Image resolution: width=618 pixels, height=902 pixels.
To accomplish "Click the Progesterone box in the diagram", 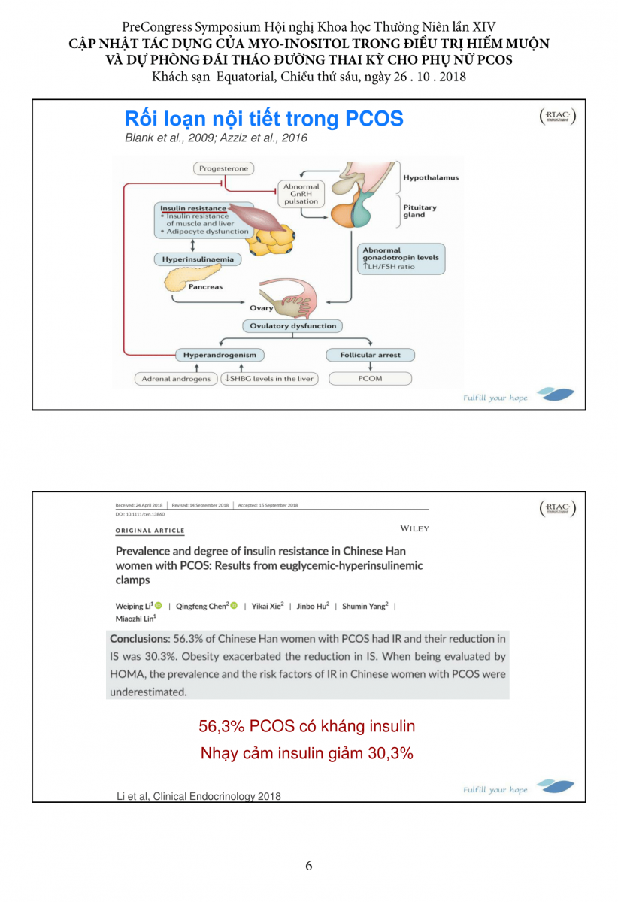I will (223, 169).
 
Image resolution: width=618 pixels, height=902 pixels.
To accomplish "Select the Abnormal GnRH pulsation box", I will (301, 193).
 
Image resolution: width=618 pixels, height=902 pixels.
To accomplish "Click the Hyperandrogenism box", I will (220, 355).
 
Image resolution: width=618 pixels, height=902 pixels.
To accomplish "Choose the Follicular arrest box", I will (371, 355).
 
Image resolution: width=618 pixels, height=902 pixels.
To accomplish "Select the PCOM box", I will (371, 378).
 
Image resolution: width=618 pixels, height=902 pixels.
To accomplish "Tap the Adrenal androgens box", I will (177, 379).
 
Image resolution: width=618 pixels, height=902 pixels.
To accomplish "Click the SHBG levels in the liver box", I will (269, 379).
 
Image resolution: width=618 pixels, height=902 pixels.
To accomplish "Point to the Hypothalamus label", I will (431, 178).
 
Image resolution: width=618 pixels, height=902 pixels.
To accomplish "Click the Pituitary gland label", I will (420, 211).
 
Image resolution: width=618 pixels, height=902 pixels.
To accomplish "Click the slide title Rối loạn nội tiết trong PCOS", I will (264, 119).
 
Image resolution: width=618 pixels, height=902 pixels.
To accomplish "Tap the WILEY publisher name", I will (415, 528).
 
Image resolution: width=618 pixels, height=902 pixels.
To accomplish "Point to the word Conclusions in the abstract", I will (138, 639).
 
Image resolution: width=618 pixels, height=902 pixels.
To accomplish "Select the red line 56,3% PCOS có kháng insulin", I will (307, 726).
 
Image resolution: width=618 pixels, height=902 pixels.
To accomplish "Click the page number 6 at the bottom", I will (309, 866).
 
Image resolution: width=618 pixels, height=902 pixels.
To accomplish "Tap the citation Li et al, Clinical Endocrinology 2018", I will (198, 796).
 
